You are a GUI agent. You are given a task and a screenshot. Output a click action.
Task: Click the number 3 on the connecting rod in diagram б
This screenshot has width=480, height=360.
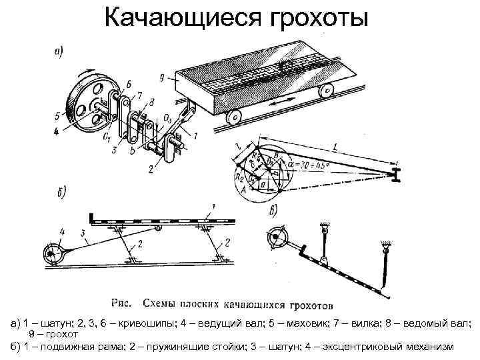click(x=82, y=233)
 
